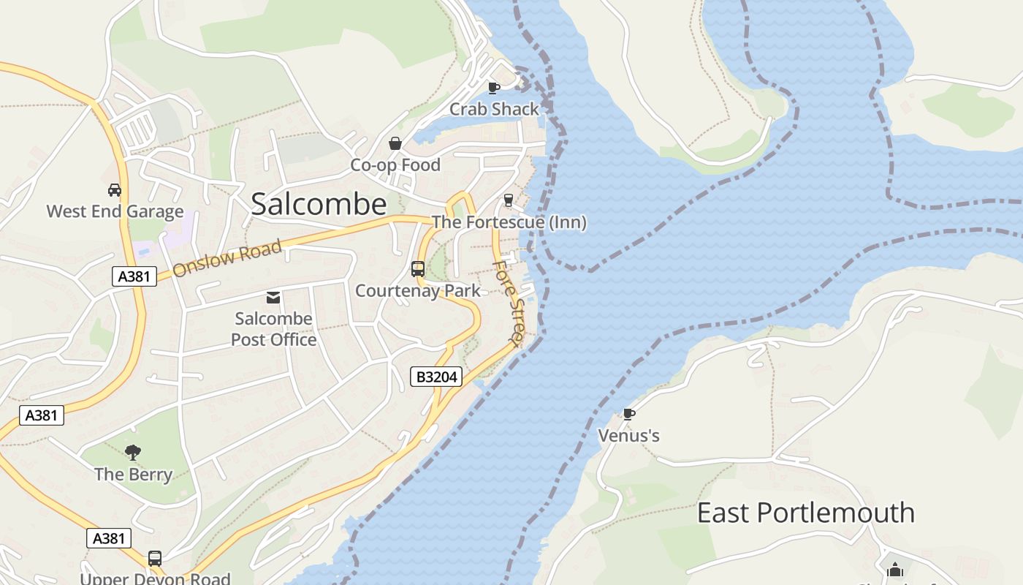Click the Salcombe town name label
(x=319, y=204)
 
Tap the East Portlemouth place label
(x=805, y=513)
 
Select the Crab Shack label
(x=494, y=109)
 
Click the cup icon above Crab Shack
(x=494, y=88)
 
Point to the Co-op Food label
(x=395, y=165)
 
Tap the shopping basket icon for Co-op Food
(x=395, y=143)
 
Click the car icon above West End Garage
(x=115, y=190)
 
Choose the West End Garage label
(x=115, y=212)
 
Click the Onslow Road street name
(x=227, y=258)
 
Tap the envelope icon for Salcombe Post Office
(x=273, y=297)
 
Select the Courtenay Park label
(x=418, y=291)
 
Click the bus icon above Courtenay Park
(x=418, y=269)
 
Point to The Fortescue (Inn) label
(x=509, y=222)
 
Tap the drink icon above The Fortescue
(x=509, y=200)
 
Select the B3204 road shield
(x=436, y=377)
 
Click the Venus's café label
(x=628, y=436)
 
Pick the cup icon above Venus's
(x=628, y=415)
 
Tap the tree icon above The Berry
(x=133, y=453)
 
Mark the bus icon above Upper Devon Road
(x=155, y=559)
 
